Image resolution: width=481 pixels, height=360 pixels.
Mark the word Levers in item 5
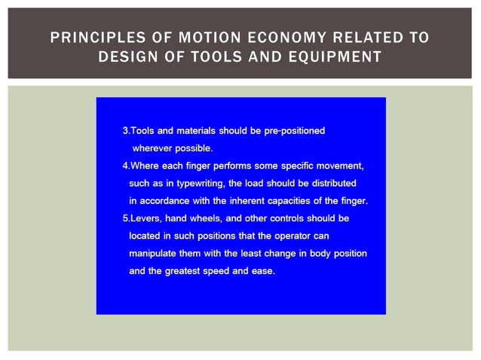144,218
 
